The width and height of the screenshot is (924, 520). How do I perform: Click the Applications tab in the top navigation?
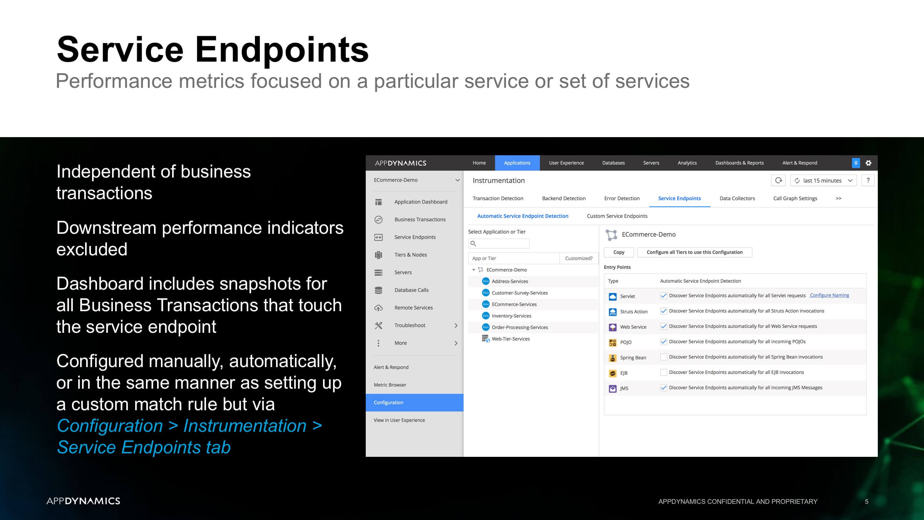click(517, 163)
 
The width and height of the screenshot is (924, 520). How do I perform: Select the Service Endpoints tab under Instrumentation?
click(679, 198)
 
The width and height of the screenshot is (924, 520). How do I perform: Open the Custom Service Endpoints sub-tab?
click(617, 216)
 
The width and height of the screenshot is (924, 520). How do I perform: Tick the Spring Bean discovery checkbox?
click(663, 357)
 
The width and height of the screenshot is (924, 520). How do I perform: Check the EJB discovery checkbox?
click(663, 372)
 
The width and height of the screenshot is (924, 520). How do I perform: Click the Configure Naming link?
click(829, 295)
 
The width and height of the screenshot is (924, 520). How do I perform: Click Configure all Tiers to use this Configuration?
click(695, 252)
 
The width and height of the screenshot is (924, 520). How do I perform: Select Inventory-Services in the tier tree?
click(511, 316)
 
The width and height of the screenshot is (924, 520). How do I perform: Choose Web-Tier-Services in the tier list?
click(511, 339)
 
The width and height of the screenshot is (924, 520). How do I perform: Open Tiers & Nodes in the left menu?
click(410, 255)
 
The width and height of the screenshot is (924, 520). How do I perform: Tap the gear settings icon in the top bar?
click(869, 163)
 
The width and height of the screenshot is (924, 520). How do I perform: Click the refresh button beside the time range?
click(778, 180)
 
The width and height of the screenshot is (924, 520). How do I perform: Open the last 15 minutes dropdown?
click(824, 180)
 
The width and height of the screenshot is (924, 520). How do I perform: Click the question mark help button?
click(868, 180)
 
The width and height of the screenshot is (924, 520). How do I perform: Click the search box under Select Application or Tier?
click(499, 243)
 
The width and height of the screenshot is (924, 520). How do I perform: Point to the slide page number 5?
click(867, 502)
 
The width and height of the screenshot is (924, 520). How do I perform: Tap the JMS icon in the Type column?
click(613, 388)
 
